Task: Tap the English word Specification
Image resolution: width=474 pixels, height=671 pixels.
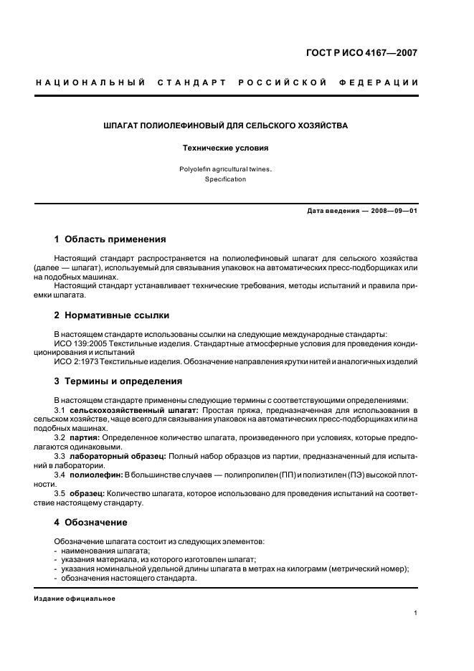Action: (x=225, y=179)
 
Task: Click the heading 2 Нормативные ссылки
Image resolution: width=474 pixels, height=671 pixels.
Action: (x=112, y=315)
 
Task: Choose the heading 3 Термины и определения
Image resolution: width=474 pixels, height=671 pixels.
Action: (x=118, y=381)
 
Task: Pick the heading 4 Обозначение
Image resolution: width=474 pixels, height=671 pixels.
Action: (x=91, y=522)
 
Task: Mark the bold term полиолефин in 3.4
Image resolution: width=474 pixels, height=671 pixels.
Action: (x=96, y=475)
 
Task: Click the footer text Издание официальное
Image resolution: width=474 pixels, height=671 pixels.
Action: (x=75, y=598)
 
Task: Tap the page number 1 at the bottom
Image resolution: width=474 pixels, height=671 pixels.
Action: (x=416, y=613)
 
